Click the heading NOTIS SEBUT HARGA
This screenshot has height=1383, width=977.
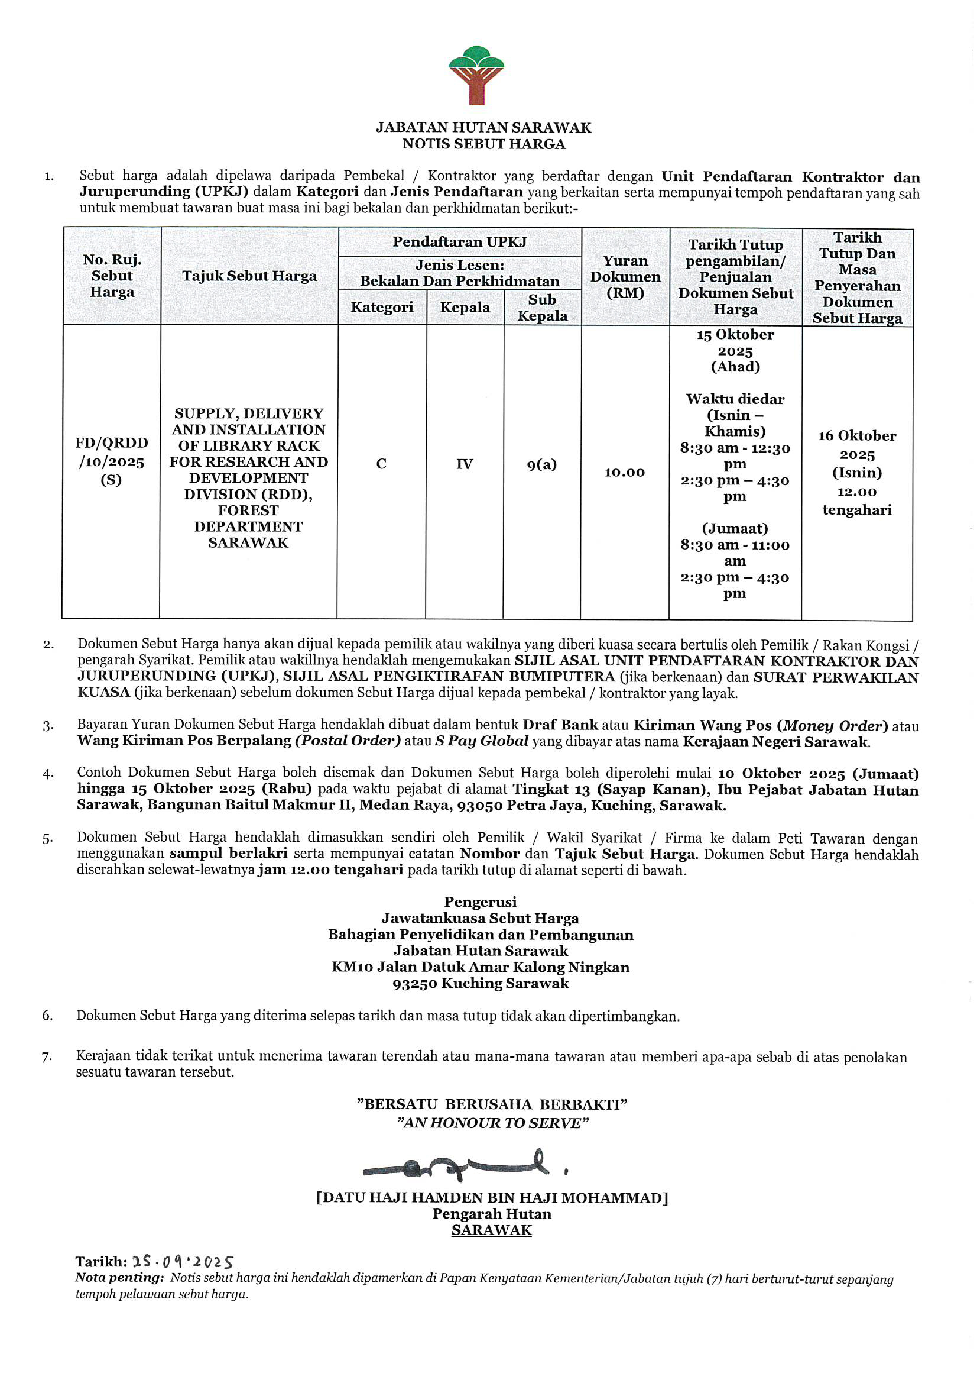click(484, 144)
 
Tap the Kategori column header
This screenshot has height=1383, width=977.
click(382, 307)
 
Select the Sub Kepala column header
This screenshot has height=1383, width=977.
click(542, 307)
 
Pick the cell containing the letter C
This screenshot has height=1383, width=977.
click(381, 464)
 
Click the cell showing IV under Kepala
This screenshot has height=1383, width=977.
click(464, 464)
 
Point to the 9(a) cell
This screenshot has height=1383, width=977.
click(542, 464)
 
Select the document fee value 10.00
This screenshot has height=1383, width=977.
click(624, 472)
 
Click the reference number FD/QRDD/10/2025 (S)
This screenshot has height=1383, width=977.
click(111, 461)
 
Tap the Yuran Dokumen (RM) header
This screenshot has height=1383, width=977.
click(625, 276)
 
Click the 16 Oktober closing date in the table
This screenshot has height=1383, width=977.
click(856, 436)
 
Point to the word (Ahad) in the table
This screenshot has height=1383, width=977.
click(735, 367)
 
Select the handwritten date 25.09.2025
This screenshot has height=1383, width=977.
click(183, 1262)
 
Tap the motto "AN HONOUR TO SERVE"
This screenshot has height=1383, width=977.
click(492, 1123)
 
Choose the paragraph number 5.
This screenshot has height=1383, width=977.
click(47, 839)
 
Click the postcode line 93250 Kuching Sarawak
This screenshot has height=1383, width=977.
click(481, 984)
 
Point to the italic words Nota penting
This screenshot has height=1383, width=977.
click(119, 1278)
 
